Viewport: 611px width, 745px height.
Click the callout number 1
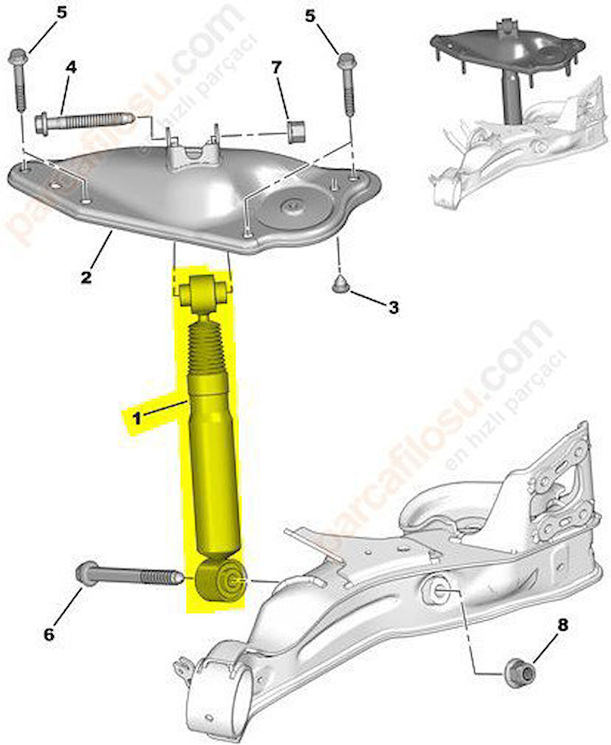137,419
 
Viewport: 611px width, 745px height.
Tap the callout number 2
86,277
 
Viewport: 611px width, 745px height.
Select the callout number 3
394,308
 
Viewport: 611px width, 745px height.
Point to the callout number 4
71,67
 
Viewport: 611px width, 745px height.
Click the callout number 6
49,634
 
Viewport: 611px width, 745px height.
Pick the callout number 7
277,67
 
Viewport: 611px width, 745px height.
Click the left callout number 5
62,13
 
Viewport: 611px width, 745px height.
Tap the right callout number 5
310,16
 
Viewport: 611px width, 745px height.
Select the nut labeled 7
296,131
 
